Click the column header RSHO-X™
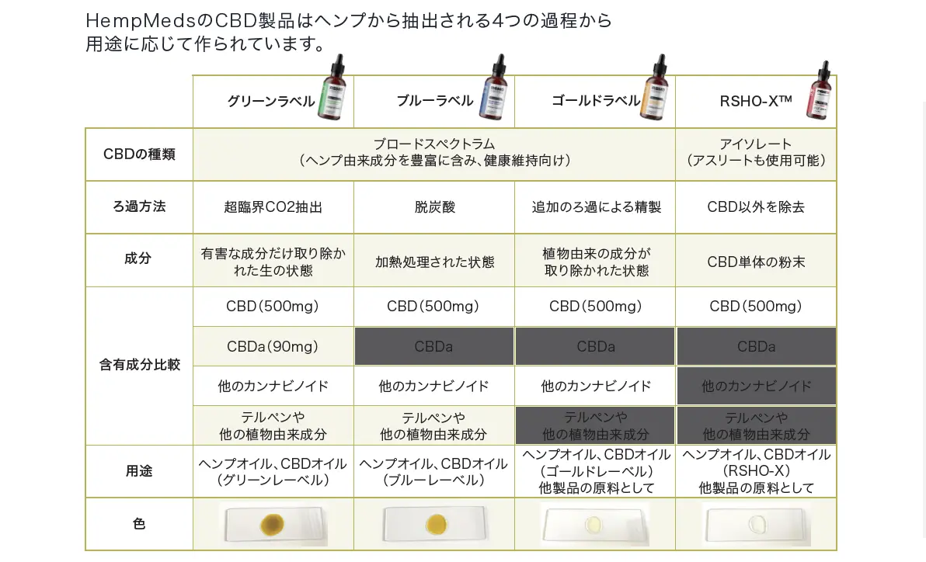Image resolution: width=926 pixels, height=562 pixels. click(755, 102)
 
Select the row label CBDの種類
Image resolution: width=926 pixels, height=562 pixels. click(139, 154)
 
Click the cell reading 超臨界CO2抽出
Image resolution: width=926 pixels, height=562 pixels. click(273, 207)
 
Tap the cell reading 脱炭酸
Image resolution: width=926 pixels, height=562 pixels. click(434, 207)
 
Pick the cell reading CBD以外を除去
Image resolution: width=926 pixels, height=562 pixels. click(756, 207)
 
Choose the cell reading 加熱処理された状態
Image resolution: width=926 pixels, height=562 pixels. click(434, 262)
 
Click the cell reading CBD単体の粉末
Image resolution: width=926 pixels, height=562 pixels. click(756, 262)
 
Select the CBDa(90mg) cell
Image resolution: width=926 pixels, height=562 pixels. click(273, 346)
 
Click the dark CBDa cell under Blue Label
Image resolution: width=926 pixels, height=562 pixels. click(434, 346)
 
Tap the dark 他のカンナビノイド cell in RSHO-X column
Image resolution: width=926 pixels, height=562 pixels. click(756, 386)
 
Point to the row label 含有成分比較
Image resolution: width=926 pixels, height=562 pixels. click(139, 365)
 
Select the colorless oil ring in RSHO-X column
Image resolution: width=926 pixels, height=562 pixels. click(755, 525)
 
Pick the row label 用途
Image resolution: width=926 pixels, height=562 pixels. click(139, 471)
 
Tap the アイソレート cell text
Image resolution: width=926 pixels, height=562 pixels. click(756, 144)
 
